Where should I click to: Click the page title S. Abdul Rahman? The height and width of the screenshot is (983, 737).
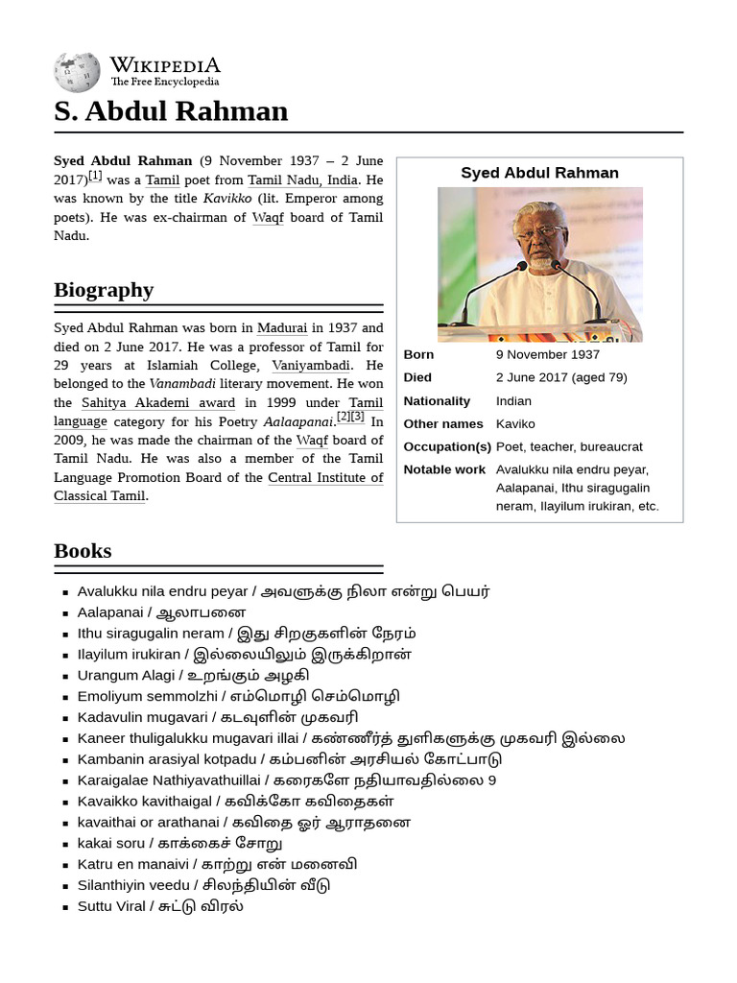click(171, 111)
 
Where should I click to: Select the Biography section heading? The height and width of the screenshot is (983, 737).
click(104, 290)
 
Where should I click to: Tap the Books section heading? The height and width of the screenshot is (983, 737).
click(83, 551)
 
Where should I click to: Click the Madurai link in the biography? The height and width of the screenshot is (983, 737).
click(282, 328)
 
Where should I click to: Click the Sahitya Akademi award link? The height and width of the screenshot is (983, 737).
click(158, 403)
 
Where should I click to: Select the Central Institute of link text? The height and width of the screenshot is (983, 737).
click(325, 478)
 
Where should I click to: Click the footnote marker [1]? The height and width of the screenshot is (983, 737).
click(95, 176)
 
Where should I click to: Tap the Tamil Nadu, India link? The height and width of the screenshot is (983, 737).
click(302, 180)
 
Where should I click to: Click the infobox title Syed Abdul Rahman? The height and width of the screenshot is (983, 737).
click(539, 173)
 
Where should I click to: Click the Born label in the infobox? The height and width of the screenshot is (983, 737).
click(418, 354)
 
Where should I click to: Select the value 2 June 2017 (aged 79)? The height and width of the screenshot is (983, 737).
click(560, 377)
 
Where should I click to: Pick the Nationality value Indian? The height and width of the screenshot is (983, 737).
click(513, 400)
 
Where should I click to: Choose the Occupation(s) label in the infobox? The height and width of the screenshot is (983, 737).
click(446, 446)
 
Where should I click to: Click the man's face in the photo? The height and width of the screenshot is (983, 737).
click(541, 236)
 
